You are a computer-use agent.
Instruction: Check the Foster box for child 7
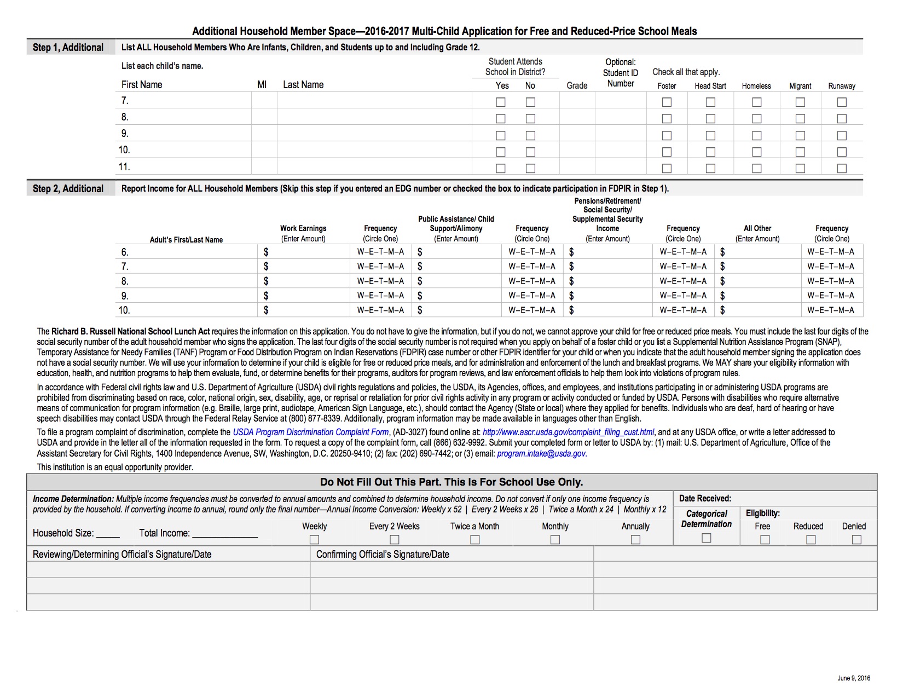pyautogui.click(x=667, y=102)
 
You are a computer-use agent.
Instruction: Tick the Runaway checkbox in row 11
pyautogui.click(x=842, y=169)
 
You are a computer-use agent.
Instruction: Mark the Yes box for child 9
pyautogui.click(x=500, y=135)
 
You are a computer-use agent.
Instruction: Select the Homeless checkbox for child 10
pyautogui.click(x=756, y=152)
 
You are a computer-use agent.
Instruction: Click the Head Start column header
pyautogui.click(x=710, y=86)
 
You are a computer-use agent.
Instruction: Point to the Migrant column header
pyautogui.click(x=800, y=86)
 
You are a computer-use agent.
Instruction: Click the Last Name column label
pyautogui.click(x=303, y=85)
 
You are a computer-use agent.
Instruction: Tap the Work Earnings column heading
pyautogui.click(x=303, y=228)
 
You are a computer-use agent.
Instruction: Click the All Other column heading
pyautogui.click(x=757, y=228)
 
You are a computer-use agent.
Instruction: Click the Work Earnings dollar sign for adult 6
pyautogui.click(x=266, y=252)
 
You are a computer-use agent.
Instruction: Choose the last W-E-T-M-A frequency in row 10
pyautogui.click(x=831, y=310)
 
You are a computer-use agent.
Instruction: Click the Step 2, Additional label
pyautogui.click(x=68, y=189)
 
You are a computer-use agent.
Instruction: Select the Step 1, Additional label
pyautogui.click(x=68, y=48)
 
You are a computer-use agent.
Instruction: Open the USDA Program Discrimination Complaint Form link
pyautogui.click(x=310, y=432)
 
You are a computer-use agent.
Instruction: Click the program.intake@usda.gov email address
pyautogui.click(x=541, y=454)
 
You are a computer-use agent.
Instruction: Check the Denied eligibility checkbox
pyautogui.click(x=856, y=540)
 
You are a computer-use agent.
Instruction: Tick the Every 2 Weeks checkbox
pyautogui.click(x=394, y=540)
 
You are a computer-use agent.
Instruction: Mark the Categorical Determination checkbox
pyautogui.click(x=707, y=538)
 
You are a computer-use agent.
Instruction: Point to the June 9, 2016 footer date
pyautogui.click(x=854, y=678)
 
